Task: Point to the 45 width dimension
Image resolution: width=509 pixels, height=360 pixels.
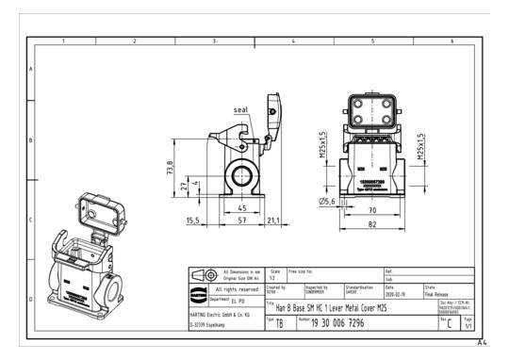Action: pos(241,207)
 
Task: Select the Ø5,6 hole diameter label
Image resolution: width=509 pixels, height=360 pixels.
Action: pos(327,201)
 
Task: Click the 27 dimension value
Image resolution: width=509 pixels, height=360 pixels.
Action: pos(185,186)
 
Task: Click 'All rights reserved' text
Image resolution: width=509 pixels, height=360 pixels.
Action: pos(237,289)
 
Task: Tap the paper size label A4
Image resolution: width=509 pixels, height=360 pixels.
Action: pos(483,343)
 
